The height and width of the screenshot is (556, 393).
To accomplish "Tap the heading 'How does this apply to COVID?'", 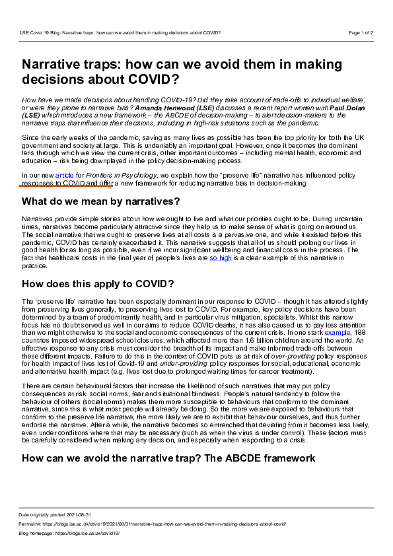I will [x=98, y=284].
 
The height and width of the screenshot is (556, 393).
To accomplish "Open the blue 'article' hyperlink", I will [x=64, y=175].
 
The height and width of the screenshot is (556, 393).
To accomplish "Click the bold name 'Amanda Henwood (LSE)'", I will [x=186, y=107].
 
